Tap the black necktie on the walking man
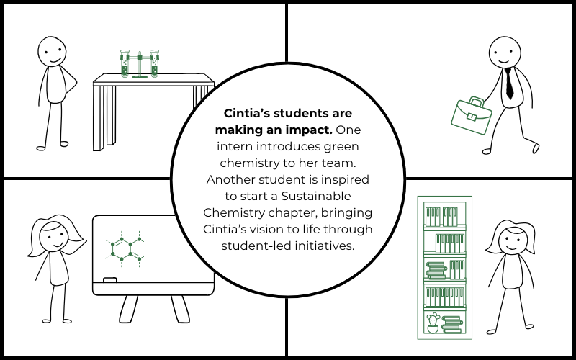coord(509,83)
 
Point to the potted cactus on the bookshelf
coord(433,323)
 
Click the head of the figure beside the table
coord(52,51)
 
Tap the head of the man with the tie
coord(504,51)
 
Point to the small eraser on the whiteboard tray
coord(110,279)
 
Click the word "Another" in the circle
coord(230,180)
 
